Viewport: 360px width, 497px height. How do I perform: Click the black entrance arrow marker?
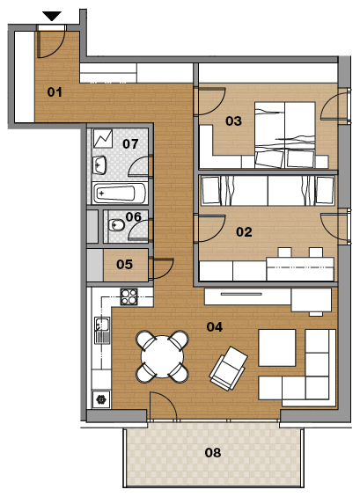pos(52,16)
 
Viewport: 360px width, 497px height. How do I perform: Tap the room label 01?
pos(55,92)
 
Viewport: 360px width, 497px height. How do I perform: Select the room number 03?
pos(233,121)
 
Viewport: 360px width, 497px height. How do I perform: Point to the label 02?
pos(244,232)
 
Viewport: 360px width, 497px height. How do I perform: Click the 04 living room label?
pos(215,327)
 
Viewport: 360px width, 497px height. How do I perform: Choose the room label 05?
pos(124,265)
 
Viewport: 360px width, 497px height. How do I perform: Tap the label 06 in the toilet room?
pos(133,216)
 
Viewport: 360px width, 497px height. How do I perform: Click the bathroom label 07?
pos(130,144)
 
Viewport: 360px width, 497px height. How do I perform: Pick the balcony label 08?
pos(213,453)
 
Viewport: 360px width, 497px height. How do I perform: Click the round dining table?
pos(163,356)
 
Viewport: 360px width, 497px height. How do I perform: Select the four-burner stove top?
pos(129,297)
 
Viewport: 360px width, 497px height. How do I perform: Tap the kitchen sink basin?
pos(102,324)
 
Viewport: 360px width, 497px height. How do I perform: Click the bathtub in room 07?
pos(120,194)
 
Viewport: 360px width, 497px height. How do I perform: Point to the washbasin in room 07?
pos(99,164)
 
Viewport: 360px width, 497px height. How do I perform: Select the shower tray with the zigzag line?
pos(103,138)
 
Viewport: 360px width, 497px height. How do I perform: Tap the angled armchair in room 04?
pos(228,369)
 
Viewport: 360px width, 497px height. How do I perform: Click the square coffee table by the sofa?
pos(277,347)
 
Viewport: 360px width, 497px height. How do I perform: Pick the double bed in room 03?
pos(285,135)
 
